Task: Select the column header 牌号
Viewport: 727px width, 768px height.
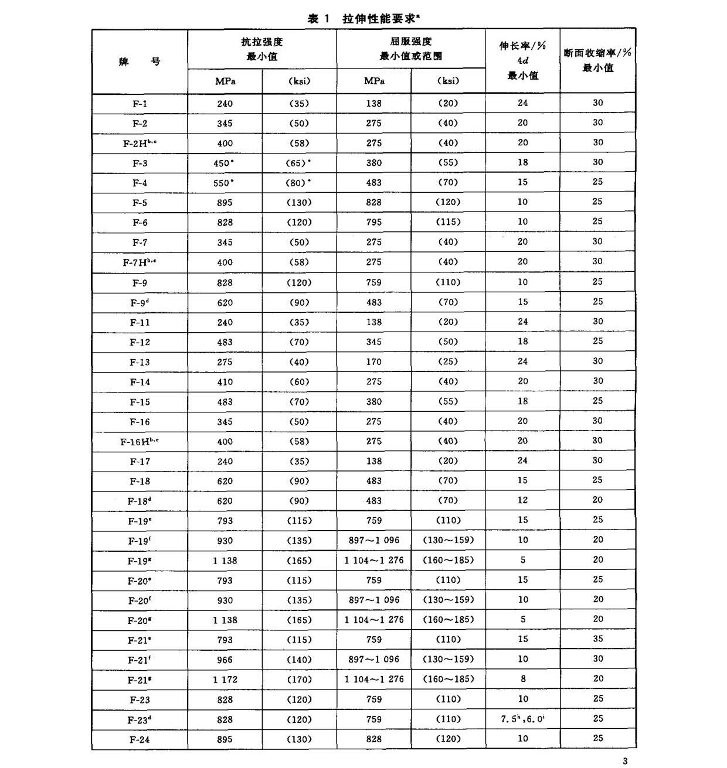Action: pyautogui.click(x=140, y=62)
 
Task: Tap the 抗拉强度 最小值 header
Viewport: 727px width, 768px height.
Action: pyautogui.click(x=261, y=49)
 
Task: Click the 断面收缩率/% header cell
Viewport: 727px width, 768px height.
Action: pyautogui.click(x=597, y=60)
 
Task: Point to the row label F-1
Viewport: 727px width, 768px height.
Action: pyautogui.click(x=140, y=104)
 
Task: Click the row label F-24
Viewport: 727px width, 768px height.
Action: pyautogui.click(x=140, y=739)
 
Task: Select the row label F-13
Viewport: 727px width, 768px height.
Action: pyautogui.click(x=140, y=362)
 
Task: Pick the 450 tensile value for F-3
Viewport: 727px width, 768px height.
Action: pyautogui.click(x=223, y=163)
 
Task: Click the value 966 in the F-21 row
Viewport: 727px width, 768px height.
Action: pyautogui.click(x=225, y=660)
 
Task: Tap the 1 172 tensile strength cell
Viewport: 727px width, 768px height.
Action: pyautogui.click(x=225, y=680)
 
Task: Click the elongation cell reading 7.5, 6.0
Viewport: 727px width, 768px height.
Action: pyautogui.click(x=522, y=719)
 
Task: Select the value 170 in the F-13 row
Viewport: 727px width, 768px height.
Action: pyautogui.click(x=373, y=361)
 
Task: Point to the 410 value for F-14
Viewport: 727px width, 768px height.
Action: pyautogui.click(x=225, y=382)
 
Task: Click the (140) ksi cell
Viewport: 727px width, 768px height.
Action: pyautogui.click(x=299, y=660)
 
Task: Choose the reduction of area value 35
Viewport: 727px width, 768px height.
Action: pyautogui.click(x=597, y=639)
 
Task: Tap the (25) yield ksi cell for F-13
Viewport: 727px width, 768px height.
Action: pyautogui.click(x=448, y=361)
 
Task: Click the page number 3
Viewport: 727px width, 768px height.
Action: pyautogui.click(x=625, y=761)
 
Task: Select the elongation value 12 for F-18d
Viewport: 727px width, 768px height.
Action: pyautogui.click(x=522, y=500)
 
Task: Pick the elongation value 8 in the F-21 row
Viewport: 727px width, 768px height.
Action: pyautogui.click(x=522, y=679)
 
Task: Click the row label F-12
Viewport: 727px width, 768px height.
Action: pyautogui.click(x=140, y=342)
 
